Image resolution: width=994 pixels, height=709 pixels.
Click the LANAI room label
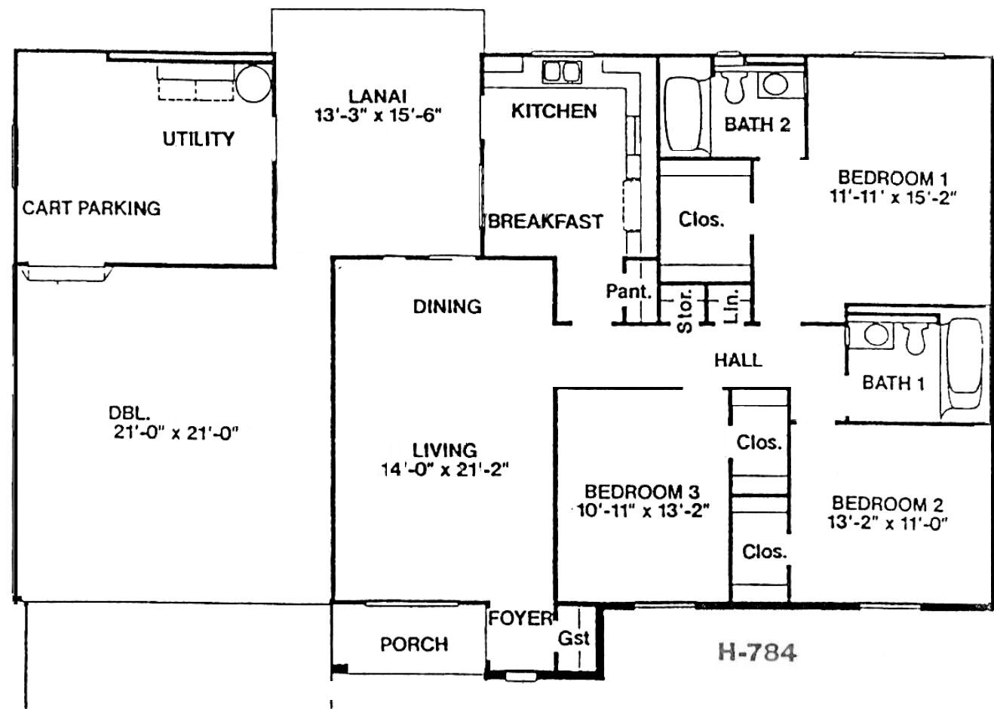tap(377, 97)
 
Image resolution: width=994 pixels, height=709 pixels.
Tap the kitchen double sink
tap(561, 72)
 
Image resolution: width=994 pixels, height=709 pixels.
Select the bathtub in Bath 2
tap(684, 115)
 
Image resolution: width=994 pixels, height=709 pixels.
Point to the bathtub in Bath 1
tap(965, 367)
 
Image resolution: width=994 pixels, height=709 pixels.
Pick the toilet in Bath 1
tap(916, 338)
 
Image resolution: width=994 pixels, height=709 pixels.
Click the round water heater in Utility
tap(253, 84)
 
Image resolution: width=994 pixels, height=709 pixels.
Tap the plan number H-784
tap(757, 652)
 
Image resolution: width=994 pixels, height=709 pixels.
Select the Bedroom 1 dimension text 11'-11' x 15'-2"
tap(893, 198)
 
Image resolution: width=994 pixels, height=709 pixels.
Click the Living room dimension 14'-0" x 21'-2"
tap(445, 469)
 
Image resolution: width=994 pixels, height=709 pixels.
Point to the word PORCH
tap(414, 644)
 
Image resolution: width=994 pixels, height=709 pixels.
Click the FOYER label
tap(520, 618)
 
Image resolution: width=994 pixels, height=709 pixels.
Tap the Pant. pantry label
tap(629, 291)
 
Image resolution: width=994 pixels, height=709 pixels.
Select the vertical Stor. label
tap(685, 311)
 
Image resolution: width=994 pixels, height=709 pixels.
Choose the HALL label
tap(738, 360)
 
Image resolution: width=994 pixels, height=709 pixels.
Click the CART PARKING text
tap(91, 208)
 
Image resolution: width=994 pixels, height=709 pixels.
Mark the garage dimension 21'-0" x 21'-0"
tap(176, 433)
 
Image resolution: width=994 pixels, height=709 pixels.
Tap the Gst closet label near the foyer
tap(573, 638)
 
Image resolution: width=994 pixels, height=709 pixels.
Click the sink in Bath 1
tap(876, 334)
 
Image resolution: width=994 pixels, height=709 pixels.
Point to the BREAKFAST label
tap(545, 222)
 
